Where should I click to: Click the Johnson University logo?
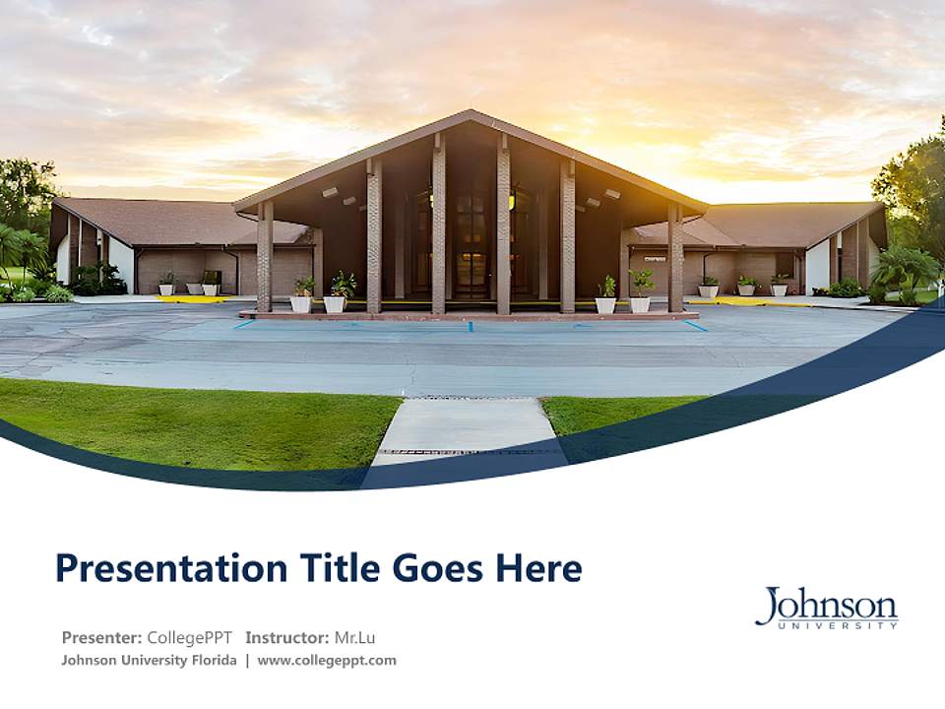point(826,607)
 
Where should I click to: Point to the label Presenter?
point(102,637)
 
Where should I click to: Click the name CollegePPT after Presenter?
point(189,637)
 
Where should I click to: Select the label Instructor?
point(287,637)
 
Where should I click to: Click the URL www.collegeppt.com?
point(327,661)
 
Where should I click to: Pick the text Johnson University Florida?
point(149,661)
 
